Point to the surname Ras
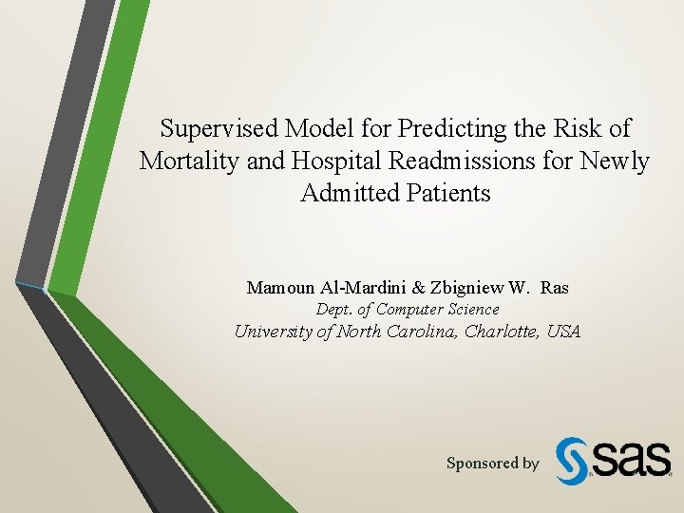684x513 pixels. tap(555, 287)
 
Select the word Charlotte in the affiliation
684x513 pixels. tap(503, 332)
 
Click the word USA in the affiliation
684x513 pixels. tap(562, 332)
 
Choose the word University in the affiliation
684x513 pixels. tap(275, 332)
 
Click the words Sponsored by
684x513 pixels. tap(492, 464)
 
